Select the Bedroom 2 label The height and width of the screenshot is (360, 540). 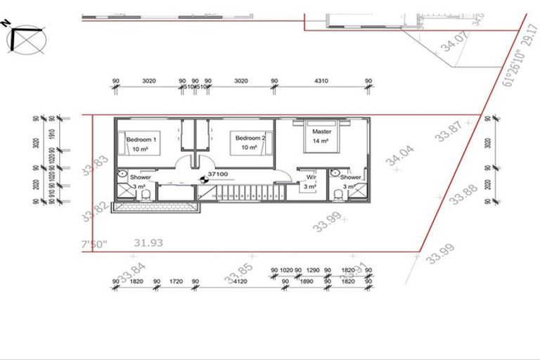(x=250, y=139)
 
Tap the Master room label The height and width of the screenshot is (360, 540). (x=321, y=131)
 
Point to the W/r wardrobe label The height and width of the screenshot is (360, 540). (x=311, y=177)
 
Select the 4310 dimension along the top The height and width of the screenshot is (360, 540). (x=321, y=82)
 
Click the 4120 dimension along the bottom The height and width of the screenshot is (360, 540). (x=240, y=282)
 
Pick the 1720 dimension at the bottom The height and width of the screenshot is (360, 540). (x=176, y=282)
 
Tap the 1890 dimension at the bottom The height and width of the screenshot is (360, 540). (x=306, y=282)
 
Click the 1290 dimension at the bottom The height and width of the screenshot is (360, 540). (x=313, y=270)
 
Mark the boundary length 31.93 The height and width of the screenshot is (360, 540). (x=148, y=243)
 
